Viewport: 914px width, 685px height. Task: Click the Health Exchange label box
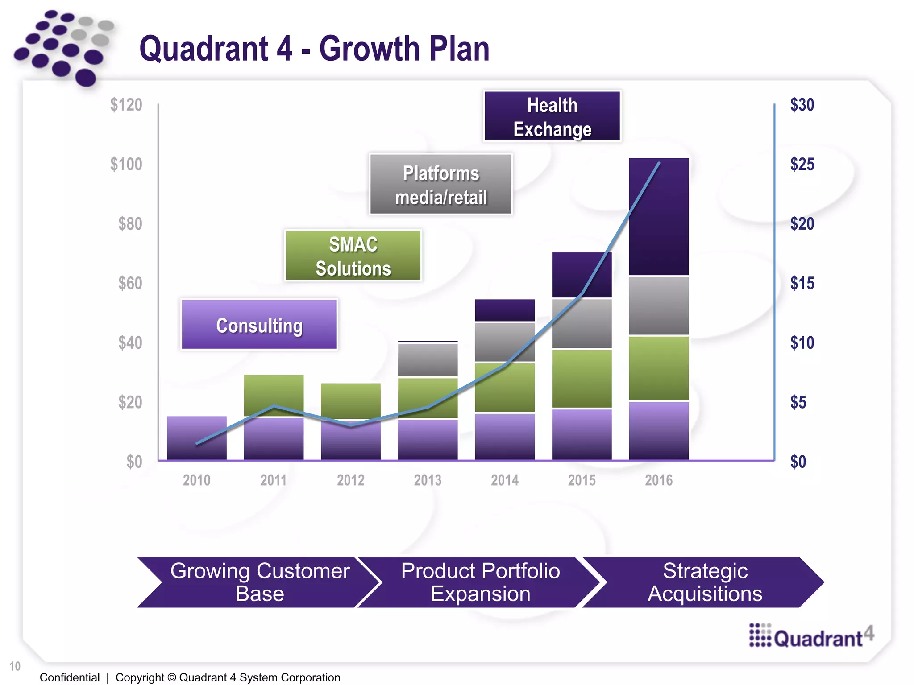(x=552, y=116)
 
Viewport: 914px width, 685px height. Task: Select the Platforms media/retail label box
(x=440, y=185)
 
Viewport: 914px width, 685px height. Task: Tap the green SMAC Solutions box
(x=353, y=256)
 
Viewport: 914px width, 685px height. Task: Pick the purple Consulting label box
(x=259, y=325)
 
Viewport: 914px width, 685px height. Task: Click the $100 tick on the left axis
(x=126, y=164)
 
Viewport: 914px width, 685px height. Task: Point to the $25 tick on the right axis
(x=802, y=164)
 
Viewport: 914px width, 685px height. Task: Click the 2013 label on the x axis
(x=428, y=480)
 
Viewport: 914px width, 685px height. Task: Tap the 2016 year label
(x=659, y=480)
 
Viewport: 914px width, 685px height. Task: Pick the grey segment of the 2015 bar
(x=582, y=323)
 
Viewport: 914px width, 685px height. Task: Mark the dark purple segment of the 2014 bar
(x=505, y=310)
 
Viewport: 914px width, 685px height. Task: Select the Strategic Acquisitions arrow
(x=705, y=582)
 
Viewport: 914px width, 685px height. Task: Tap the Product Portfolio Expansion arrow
(x=480, y=582)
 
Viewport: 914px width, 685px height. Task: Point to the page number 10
(x=15, y=666)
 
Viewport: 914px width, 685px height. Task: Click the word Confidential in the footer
(x=70, y=677)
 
